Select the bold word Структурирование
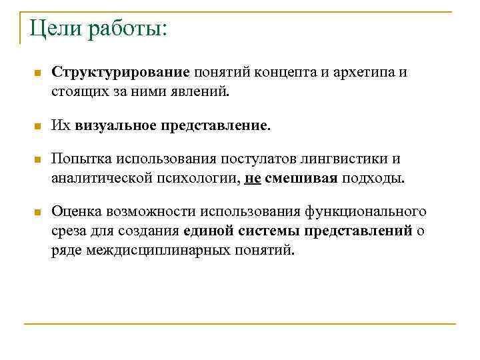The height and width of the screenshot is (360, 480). pyautogui.click(x=122, y=72)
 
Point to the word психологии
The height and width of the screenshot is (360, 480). pyautogui.click(x=201, y=177)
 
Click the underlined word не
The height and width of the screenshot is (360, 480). pyautogui.click(x=252, y=177)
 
